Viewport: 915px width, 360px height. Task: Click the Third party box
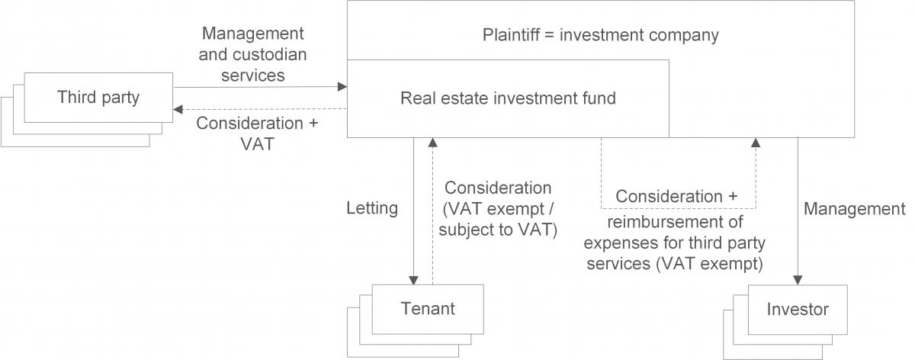(99, 97)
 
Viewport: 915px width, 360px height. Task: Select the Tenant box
(428, 308)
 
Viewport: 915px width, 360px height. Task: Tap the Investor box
(798, 310)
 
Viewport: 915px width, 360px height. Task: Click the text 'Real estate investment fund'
(509, 98)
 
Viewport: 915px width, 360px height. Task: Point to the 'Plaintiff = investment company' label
(601, 35)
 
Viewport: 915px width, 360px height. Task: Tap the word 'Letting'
(372, 208)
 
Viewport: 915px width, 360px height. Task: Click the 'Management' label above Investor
(855, 208)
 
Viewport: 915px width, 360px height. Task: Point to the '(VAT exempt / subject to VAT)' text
(499, 218)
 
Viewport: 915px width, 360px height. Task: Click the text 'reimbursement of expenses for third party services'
(678, 243)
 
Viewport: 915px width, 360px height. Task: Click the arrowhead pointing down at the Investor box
(798, 279)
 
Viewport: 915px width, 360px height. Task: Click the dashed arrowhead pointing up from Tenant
(432, 143)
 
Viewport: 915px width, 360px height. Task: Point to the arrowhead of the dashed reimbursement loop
(756, 143)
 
